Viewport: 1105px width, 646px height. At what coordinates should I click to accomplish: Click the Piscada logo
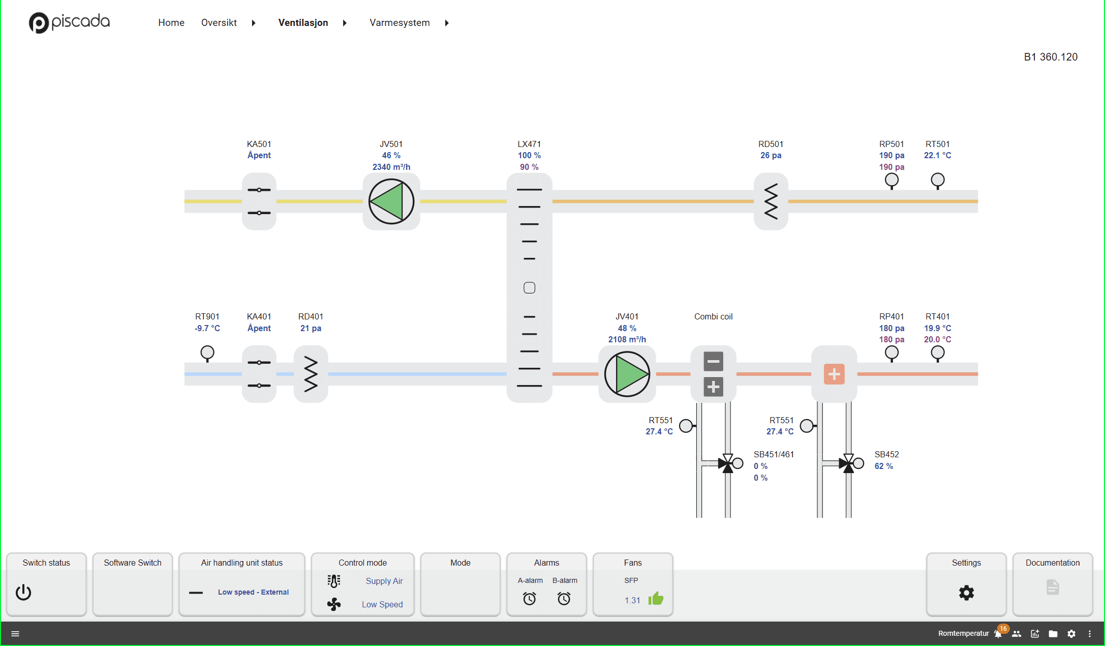click(x=69, y=22)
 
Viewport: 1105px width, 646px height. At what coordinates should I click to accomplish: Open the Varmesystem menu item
click(x=400, y=23)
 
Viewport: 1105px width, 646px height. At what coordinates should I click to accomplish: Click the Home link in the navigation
click(x=171, y=23)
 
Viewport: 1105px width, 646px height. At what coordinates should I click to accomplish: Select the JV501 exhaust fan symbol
click(x=391, y=201)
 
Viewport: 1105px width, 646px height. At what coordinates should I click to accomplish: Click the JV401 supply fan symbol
click(x=627, y=374)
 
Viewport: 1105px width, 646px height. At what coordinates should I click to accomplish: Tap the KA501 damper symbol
click(x=259, y=201)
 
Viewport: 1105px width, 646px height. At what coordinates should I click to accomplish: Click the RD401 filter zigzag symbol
click(x=311, y=374)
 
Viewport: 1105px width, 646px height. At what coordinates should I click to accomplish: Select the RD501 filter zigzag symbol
click(x=771, y=201)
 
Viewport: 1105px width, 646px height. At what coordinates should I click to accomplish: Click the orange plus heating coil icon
click(x=834, y=374)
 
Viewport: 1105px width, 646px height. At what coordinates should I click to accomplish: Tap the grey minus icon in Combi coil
click(x=713, y=362)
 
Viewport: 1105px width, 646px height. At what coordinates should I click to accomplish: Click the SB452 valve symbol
click(x=848, y=463)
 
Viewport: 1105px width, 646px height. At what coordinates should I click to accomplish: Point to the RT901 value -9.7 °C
click(x=207, y=329)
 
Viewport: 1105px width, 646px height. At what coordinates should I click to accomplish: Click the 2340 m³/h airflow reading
click(x=391, y=167)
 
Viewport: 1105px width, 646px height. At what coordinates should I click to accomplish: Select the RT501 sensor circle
click(x=937, y=180)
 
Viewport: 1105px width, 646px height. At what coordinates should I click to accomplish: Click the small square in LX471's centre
click(x=529, y=288)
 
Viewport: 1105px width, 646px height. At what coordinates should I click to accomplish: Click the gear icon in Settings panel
click(x=966, y=593)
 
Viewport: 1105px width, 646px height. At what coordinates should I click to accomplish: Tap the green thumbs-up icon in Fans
click(x=656, y=599)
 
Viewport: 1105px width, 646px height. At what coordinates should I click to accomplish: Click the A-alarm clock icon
click(x=529, y=599)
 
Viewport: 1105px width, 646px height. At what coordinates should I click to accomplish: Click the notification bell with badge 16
click(x=998, y=634)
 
